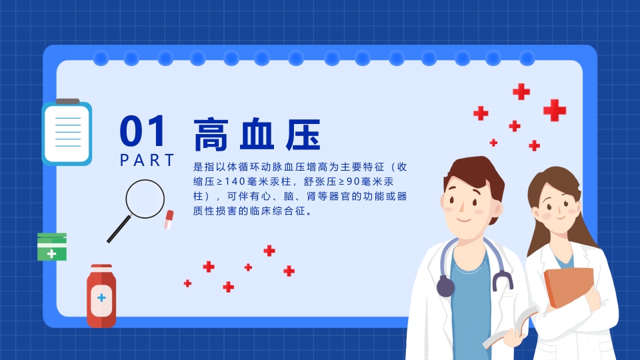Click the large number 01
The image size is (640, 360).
pos(143,131)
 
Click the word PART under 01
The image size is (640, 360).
pos(147,161)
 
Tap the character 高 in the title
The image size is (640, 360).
pos(210,135)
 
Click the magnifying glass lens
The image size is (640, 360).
pos(145,199)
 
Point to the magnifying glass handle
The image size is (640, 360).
pos(119,230)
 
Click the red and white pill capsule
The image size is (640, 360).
pos(169,219)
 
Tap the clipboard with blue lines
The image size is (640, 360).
pos(67,133)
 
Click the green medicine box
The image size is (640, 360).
pos(52,247)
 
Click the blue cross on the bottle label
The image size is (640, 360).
pos(101,297)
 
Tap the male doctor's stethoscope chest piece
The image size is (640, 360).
pos(445,287)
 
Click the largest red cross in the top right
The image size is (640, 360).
pos(554,110)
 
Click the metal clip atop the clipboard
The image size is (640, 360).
pos(67,101)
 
